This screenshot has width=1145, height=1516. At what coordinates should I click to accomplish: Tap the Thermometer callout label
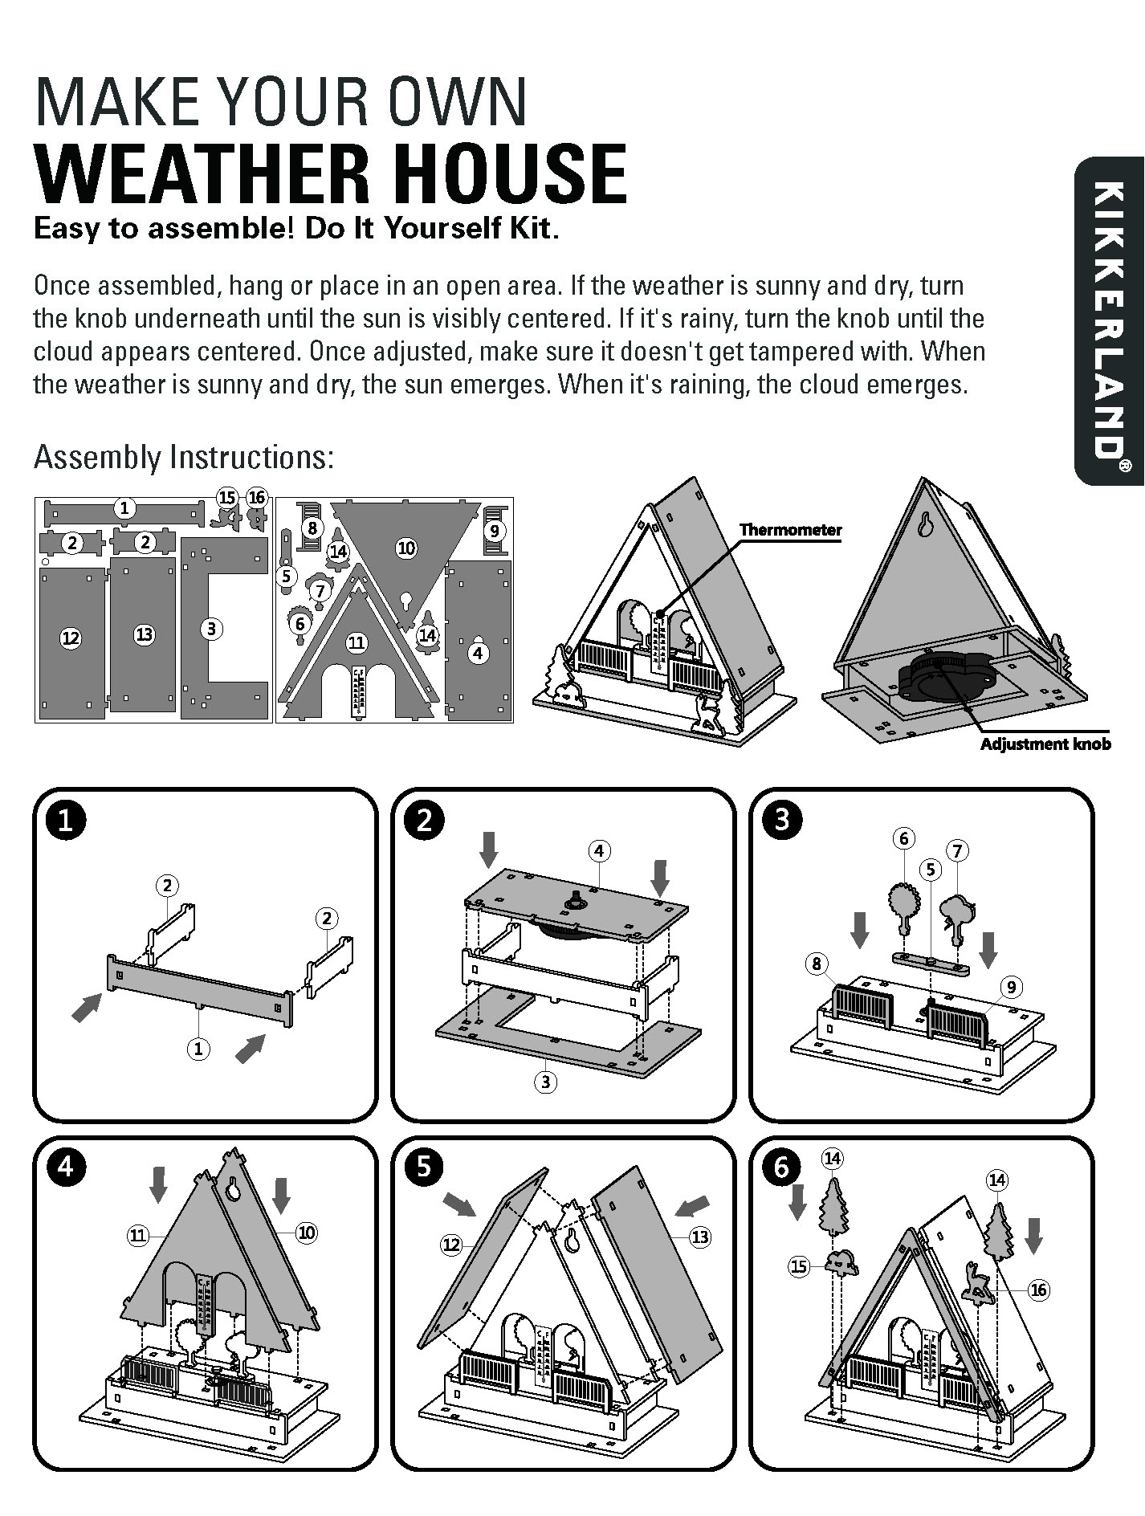point(790,530)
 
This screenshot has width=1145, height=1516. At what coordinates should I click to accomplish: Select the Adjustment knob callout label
point(1045,744)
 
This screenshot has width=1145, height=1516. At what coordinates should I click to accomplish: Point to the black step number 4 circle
point(66,1167)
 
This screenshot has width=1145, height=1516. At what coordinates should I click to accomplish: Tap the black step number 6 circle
point(782,1167)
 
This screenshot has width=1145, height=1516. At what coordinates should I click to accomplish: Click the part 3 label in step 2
point(545,1082)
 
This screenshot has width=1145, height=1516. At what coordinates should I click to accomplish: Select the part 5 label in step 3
point(931,869)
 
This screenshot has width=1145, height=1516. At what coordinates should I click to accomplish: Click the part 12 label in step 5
point(451,1245)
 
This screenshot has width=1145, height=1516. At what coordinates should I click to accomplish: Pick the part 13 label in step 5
point(699,1237)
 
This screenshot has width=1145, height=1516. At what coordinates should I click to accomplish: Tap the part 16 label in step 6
point(1038,1290)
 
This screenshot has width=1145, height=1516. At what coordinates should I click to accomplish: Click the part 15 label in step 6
point(798,1267)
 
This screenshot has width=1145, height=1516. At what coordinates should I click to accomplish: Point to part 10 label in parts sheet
point(406,548)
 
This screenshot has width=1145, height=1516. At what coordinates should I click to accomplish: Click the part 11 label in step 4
point(138,1235)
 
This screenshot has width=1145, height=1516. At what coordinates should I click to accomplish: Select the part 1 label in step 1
point(198,1048)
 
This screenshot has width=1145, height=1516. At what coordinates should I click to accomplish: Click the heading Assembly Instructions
point(183,458)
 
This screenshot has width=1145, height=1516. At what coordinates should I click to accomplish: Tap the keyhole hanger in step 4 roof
point(234,1188)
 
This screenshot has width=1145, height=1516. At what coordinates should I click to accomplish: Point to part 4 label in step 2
point(599,850)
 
